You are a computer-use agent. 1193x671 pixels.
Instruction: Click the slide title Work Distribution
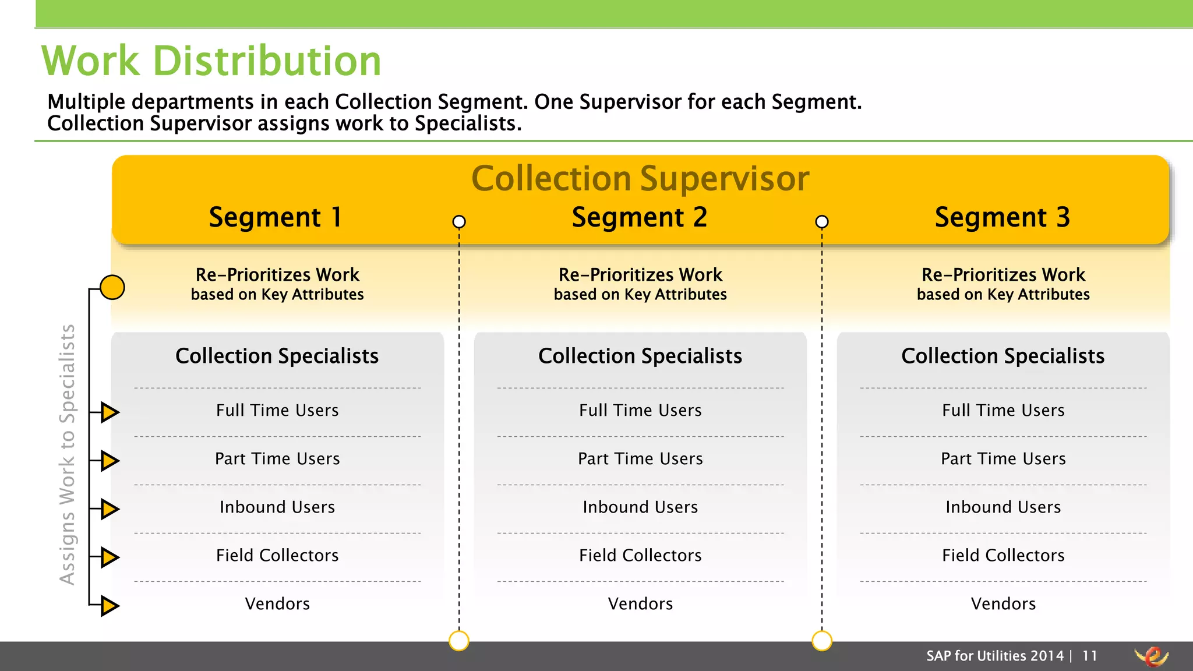[x=211, y=61]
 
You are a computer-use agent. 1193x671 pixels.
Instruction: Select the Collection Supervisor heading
[x=640, y=178]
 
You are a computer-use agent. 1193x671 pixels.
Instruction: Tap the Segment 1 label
[x=276, y=217]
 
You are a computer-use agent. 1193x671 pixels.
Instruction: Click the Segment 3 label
[x=1002, y=217]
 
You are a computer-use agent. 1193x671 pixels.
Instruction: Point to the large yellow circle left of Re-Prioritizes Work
[x=112, y=287]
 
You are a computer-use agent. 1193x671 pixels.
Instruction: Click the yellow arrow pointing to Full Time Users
[x=109, y=412]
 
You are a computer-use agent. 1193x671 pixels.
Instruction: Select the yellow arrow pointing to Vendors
[x=109, y=605]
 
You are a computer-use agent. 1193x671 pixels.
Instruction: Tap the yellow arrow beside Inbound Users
[x=109, y=508]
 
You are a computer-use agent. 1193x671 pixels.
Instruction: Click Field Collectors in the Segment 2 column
[x=640, y=555]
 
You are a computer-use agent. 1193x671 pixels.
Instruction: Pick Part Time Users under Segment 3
[x=1003, y=458]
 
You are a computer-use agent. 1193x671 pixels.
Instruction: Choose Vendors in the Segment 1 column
[x=277, y=603]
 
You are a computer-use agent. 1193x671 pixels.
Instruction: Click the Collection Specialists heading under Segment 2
[x=640, y=356]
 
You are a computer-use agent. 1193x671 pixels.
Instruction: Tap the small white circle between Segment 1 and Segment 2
[x=459, y=222]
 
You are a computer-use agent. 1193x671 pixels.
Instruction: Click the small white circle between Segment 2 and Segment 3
[x=822, y=222]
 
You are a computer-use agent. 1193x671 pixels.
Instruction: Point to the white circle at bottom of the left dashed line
[x=459, y=641]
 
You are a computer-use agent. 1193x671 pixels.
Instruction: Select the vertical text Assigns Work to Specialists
[x=68, y=454]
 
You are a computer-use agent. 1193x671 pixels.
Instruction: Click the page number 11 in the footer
[x=1089, y=656]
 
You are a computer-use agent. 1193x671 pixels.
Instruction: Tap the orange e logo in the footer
[x=1152, y=656]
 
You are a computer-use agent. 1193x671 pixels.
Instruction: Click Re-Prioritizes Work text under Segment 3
[x=1003, y=275]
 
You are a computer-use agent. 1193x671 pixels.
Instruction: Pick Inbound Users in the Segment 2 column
[x=640, y=507]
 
